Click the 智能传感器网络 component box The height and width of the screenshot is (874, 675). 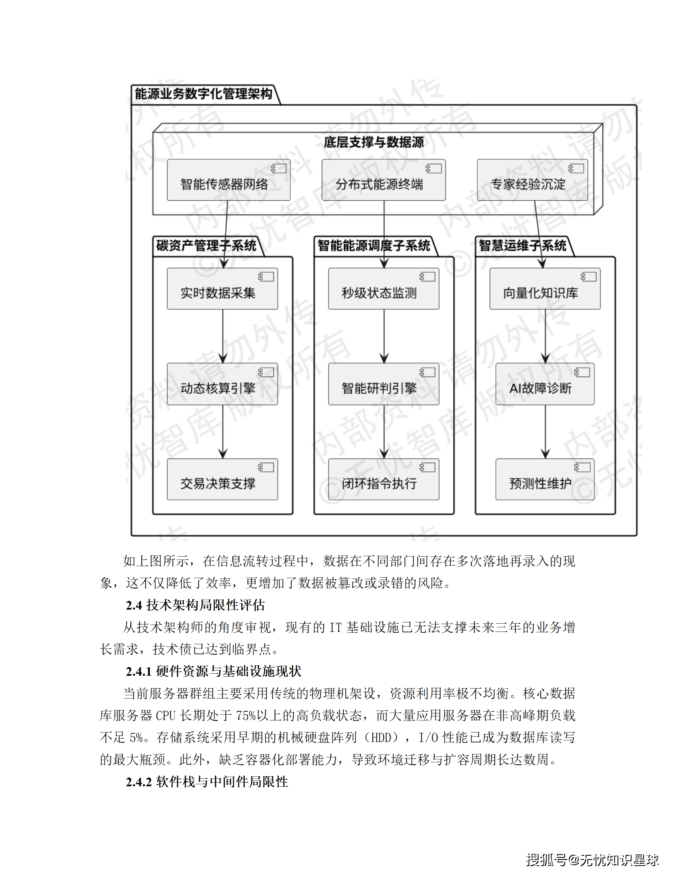point(228,180)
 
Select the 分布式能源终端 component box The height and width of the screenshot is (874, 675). point(383,180)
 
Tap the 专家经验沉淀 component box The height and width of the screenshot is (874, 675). point(532,180)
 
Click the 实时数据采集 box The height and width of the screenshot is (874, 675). point(222,289)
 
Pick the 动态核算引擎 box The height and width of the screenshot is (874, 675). point(222,384)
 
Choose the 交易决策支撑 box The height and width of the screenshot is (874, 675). point(222,479)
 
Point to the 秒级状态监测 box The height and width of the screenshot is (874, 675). point(383,289)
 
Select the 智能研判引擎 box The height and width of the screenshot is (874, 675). point(383,384)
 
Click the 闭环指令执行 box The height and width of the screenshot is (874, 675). point(383,479)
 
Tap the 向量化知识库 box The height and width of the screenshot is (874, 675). point(545,289)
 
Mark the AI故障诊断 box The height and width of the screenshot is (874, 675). point(545,384)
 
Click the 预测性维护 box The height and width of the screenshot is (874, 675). point(545,479)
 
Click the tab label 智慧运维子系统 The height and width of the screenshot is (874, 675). point(522,246)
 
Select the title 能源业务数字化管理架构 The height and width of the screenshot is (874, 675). point(203,94)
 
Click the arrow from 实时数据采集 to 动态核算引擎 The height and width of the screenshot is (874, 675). point(223,336)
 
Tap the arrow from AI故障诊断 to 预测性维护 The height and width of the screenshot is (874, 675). point(545,431)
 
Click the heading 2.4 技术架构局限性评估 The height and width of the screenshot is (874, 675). point(195,605)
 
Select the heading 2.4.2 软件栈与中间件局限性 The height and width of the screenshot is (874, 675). point(207,782)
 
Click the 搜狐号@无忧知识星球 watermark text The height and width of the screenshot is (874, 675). point(592,860)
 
